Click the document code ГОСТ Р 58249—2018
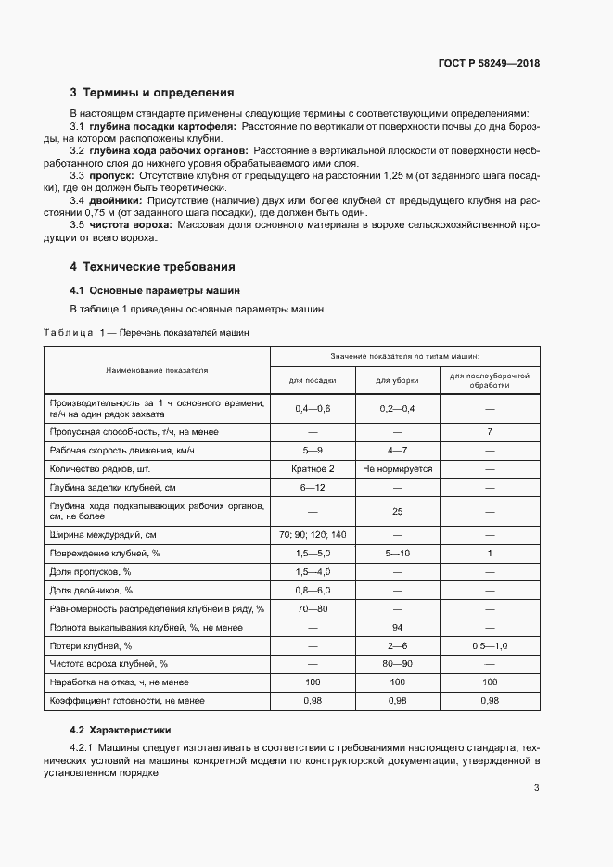489,64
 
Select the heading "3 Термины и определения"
152,93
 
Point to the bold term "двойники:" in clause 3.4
116,199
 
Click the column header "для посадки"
312,380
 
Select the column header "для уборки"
397,380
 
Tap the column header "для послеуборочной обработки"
489,380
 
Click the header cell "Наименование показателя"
157,369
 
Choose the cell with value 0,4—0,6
312,408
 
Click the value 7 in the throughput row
489,432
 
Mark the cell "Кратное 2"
312,469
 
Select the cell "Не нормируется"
397,469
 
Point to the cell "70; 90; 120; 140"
312,535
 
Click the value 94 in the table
397,628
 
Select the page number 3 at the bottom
537,788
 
